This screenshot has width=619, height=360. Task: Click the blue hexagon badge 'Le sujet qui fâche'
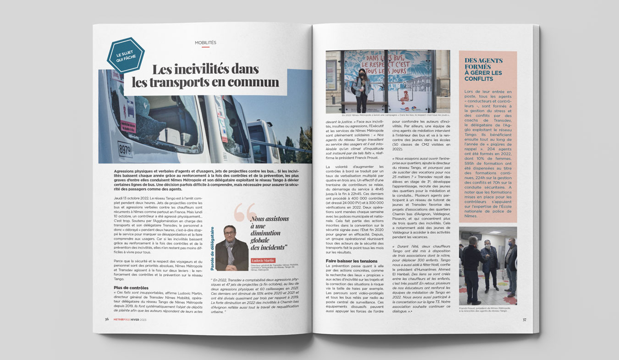[125, 55]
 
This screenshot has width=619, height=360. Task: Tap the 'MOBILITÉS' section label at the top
[205, 42]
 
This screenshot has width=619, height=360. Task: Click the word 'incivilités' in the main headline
[206, 70]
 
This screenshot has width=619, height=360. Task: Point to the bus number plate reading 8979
[125, 149]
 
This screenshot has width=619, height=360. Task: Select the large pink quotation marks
[245, 212]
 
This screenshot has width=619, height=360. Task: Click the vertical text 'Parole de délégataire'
[212, 248]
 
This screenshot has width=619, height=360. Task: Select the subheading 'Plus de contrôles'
[131, 288]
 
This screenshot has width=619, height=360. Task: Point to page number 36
[107, 320]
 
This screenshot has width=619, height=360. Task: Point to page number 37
[524, 320]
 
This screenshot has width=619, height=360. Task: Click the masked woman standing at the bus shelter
[361, 89]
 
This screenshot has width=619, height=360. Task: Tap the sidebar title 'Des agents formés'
[484, 63]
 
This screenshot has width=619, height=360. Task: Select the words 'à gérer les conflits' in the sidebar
[483, 76]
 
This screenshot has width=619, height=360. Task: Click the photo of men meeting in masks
[488, 266]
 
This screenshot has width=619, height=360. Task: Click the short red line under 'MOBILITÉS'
[205, 47]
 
